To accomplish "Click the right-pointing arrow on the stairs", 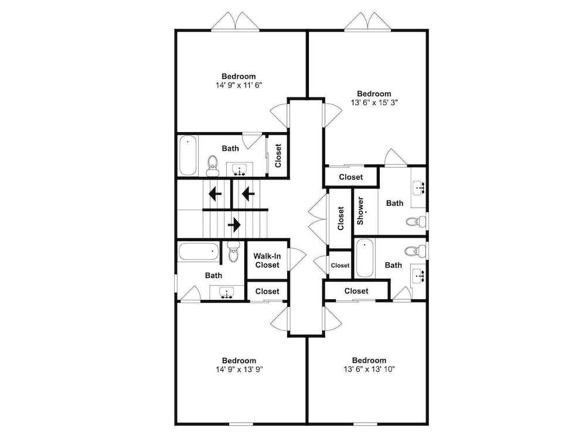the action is (x=234, y=225).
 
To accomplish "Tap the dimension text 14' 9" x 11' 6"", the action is (x=239, y=85).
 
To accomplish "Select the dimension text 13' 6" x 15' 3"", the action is (x=374, y=103).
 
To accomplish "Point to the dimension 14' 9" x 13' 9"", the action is (x=239, y=369).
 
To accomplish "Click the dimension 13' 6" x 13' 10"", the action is (x=369, y=369).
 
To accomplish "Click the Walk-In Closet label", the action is (x=267, y=261).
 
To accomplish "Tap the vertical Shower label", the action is (x=360, y=211).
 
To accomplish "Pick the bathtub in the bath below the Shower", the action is (x=364, y=258).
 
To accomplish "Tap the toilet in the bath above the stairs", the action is (x=213, y=166).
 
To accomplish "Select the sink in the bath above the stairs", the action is (x=239, y=170).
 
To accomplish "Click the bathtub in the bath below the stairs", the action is (x=199, y=252).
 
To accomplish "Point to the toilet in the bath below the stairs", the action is (x=233, y=252).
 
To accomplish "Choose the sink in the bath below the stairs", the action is (x=226, y=293).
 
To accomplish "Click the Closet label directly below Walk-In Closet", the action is (x=267, y=292).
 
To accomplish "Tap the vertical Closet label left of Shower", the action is (x=340, y=218).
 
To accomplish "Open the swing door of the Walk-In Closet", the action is (x=297, y=259).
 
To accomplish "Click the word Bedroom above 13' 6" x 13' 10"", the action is (x=369, y=360).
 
